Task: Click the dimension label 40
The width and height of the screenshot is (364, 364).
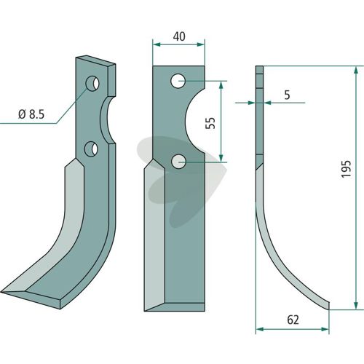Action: point(179,36)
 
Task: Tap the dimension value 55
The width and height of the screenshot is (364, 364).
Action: point(210,123)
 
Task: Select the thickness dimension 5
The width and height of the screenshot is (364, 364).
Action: point(287,95)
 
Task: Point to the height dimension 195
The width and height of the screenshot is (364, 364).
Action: point(346,169)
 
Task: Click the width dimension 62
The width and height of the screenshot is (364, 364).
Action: point(293,320)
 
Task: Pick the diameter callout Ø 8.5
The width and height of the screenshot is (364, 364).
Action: point(31,114)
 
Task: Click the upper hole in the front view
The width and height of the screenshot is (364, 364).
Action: point(178,81)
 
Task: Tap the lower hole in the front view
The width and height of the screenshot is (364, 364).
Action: point(178,162)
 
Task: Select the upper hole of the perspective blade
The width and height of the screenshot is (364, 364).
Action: point(92,84)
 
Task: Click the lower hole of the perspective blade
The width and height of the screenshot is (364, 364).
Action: point(91,149)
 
